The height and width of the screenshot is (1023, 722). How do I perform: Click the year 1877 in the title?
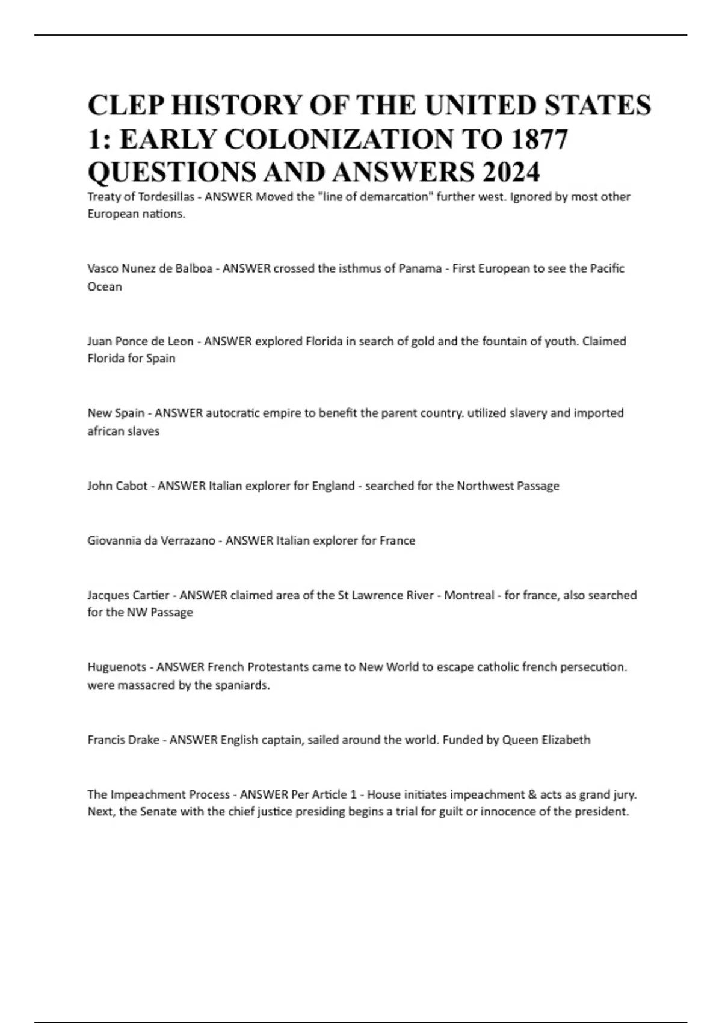pos(538,140)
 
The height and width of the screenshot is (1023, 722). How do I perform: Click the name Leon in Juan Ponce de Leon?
pos(181,341)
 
